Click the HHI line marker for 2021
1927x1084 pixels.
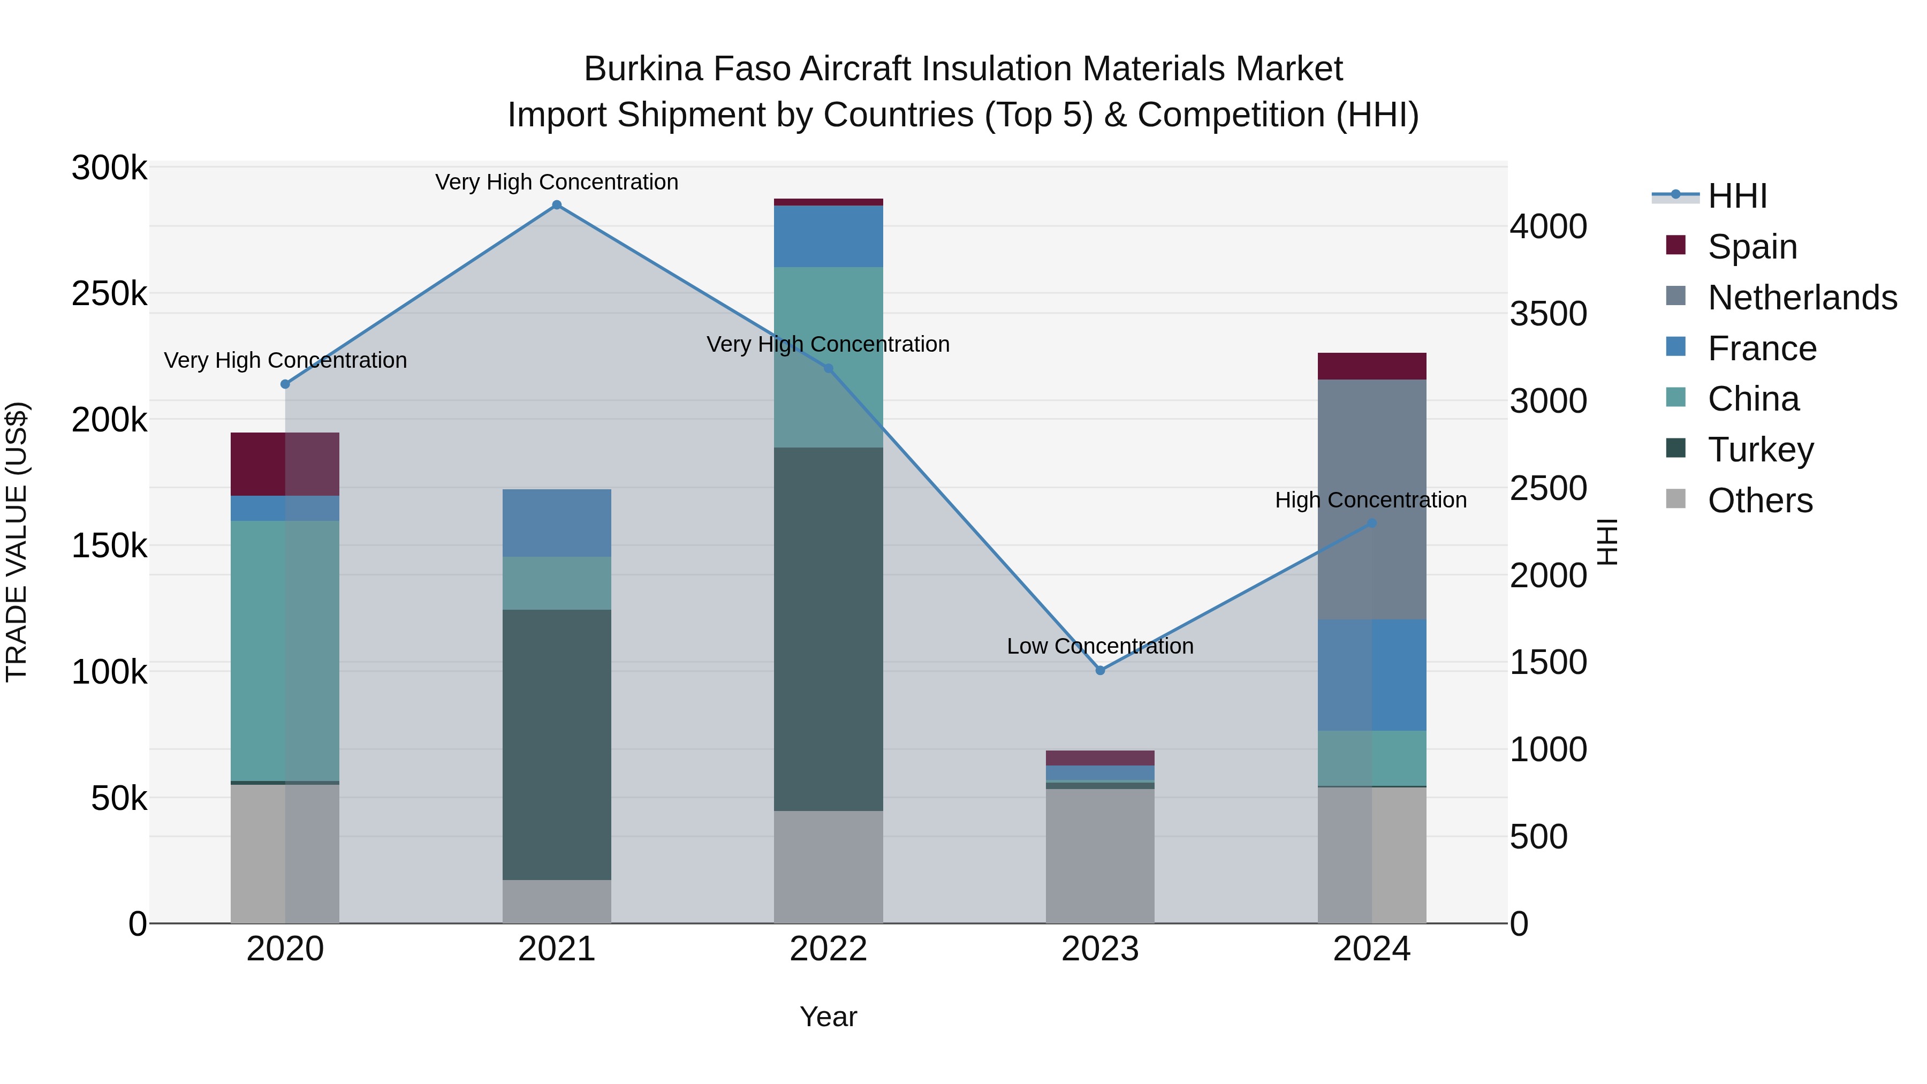coord(557,205)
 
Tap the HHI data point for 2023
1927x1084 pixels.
coord(1099,670)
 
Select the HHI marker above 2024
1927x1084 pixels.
coord(1371,523)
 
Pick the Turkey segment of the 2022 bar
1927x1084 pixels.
coord(828,628)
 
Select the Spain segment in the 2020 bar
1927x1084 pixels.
coord(284,464)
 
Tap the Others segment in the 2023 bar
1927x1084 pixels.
coord(1099,856)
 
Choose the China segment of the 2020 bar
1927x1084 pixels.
coord(284,651)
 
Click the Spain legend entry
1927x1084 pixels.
coord(1752,246)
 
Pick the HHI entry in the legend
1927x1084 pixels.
coord(1737,196)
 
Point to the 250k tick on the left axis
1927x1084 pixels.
coord(109,294)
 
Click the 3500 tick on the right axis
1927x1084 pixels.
coord(1547,314)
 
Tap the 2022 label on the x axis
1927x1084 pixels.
coord(828,949)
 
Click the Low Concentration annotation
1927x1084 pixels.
coord(1099,646)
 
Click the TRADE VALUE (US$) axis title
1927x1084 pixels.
coord(17,542)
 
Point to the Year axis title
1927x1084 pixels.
coord(828,1017)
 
